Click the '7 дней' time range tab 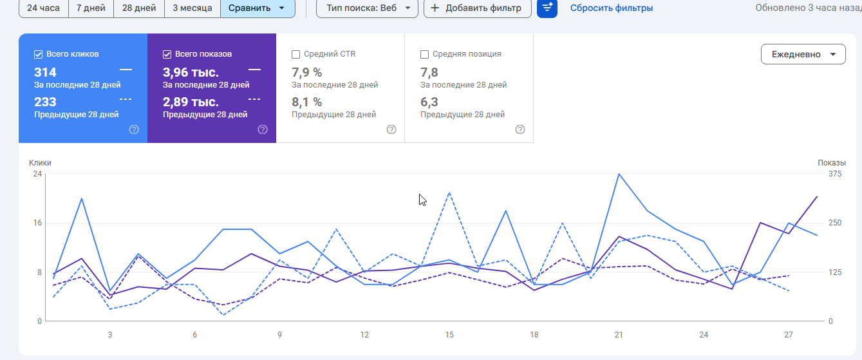[x=91, y=8]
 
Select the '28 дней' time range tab [x=139, y=8]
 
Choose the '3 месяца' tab [x=192, y=8]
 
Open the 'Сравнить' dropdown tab [x=257, y=8]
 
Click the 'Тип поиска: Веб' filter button [x=367, y=8]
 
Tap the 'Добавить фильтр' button [x=477, y=8]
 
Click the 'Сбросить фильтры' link [x=611, y=8]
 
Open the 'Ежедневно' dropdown [x=803, y=54]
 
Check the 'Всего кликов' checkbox [x=38, y=54]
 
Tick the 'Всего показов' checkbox [x=167, y=54]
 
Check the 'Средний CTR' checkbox [x=295, y=54]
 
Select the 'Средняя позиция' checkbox [x=424, y=54]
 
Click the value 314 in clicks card [x=45, y=72]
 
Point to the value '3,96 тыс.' [x=191, y=72]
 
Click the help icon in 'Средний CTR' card [x=391, y=129]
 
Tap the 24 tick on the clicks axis [x=37, y=174]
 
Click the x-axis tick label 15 [x=449, y=335]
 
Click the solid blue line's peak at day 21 [x=619, y=174]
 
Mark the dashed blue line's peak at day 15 [x=449, y=193]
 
